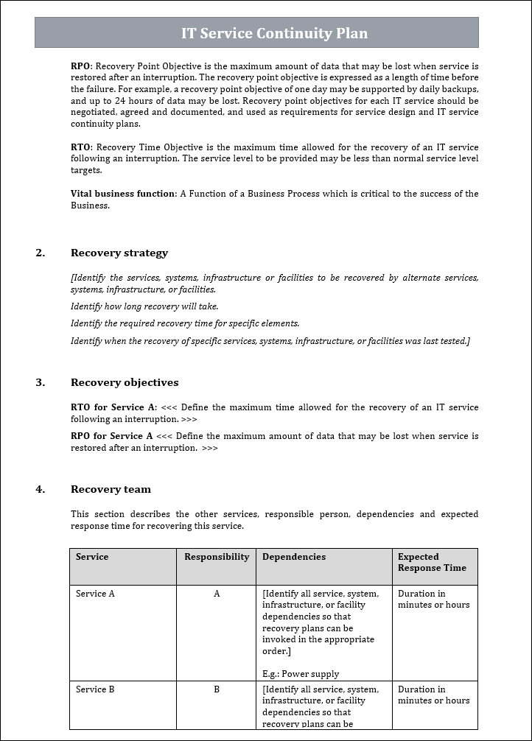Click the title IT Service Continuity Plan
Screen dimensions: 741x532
pos(274,33)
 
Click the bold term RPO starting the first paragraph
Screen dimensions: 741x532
pos(80,66)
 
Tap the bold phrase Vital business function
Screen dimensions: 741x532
pos(123,194)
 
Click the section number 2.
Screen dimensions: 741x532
pos(40,253)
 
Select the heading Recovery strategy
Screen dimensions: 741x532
pos(119,253)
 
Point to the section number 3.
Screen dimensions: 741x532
pos(40,382)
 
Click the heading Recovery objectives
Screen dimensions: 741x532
pos(125,382)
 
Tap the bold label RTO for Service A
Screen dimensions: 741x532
pos(113,407)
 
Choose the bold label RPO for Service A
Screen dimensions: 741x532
pos(112,436)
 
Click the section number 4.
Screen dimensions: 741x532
pos(40,489)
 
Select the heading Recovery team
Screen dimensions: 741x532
pos(111,489)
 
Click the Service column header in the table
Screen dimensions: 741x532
pos(92,557)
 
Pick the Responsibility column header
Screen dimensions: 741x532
pos(217,557)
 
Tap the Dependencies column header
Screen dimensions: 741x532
pos(294,557)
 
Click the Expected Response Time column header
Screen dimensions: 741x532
pos(432,562)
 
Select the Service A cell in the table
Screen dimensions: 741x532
pos(95,594)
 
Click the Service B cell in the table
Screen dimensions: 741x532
pos(95,689)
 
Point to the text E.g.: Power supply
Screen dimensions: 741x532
pos(301,673)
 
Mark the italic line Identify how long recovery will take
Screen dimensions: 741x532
pos(144,306)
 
